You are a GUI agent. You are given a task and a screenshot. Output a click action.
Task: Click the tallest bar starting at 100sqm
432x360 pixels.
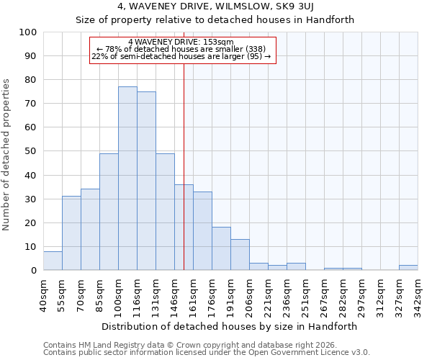[x=127, y=179]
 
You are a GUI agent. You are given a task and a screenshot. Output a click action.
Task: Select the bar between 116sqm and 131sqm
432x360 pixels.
[x=146, y=181]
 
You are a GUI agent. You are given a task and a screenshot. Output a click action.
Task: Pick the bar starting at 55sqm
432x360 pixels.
[x=71, y=233]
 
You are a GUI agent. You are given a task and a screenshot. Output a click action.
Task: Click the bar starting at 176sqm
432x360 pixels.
[x=221, y=248]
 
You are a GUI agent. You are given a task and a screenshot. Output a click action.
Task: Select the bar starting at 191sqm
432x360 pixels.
[x=240, y=255]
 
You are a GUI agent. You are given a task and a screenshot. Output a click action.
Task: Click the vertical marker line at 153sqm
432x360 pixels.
[x=184, y=158]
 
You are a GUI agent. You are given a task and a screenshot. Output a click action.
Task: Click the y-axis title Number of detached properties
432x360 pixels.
[x=7, y=155]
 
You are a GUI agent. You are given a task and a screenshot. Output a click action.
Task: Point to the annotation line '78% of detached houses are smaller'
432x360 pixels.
[x=183, y=49]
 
